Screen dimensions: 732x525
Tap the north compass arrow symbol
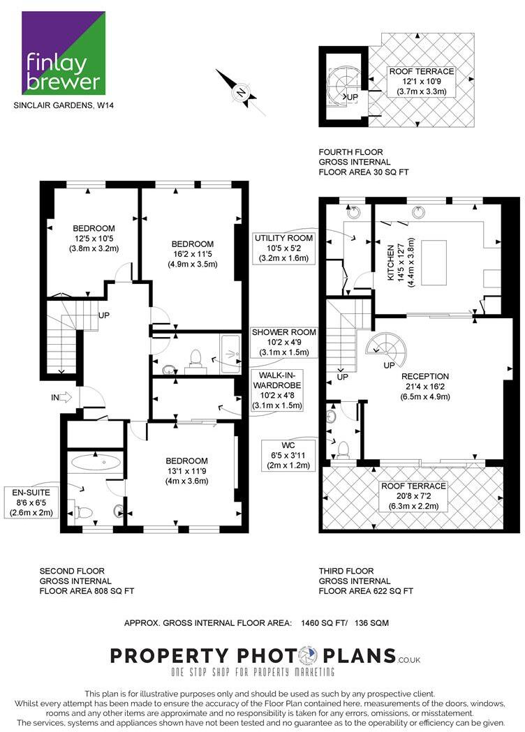click(241, 92)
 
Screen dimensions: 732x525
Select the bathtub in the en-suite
click(98, 461)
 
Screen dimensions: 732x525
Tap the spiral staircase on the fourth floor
click(344, 88)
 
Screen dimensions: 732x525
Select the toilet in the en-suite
click(84, 512)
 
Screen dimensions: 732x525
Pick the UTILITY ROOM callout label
click(283, 248)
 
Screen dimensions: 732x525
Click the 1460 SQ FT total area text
click(327, 622)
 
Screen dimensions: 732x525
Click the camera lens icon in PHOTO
click(308, 656)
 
